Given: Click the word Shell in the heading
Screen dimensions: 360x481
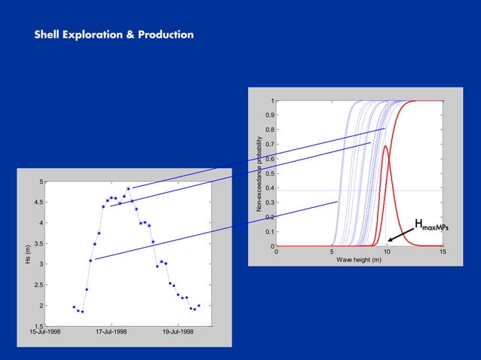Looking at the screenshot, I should (x=48, y=35).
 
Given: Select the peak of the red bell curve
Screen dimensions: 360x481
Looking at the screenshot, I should (x=386, y=146).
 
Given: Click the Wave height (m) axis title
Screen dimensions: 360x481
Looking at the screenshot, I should (x=359, y=261).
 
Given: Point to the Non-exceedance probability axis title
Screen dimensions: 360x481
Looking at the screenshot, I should (x=260, y=173).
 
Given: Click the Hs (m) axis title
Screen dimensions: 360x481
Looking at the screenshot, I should (x=28, y=255).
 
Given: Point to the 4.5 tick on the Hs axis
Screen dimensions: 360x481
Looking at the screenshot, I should (x=37, y=203).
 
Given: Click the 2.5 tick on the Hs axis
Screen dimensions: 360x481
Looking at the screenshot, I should (x=37, y=285).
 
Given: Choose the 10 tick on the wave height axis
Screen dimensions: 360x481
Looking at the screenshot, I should (x=387, y=252).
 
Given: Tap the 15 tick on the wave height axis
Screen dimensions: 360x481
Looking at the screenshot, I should (x=442, y=252).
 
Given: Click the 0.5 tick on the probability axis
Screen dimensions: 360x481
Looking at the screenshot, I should (x=268, y=173).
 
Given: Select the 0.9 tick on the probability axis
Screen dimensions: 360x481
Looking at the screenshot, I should (x=268, y=115).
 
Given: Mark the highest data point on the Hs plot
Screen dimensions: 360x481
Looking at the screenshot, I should (x=129, y=188).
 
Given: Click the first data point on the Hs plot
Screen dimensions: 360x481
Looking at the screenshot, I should (x=74, y=307).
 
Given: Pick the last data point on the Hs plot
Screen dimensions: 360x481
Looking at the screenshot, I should (x=199, y=306).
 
